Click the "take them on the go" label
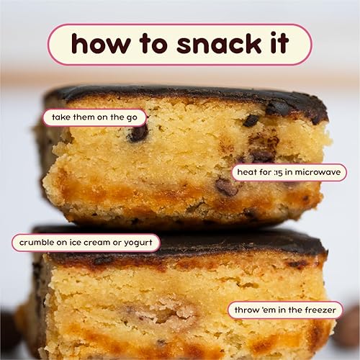94,117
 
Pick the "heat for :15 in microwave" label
288,173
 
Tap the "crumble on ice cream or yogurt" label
86,243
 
